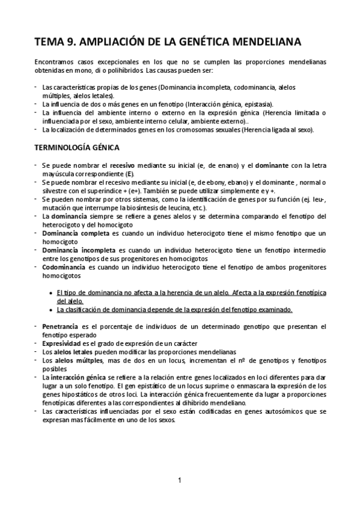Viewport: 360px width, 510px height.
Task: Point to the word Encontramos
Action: [55, 61]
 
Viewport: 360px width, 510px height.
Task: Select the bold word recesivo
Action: [122, 165]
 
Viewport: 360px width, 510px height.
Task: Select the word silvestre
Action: [55, 191]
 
